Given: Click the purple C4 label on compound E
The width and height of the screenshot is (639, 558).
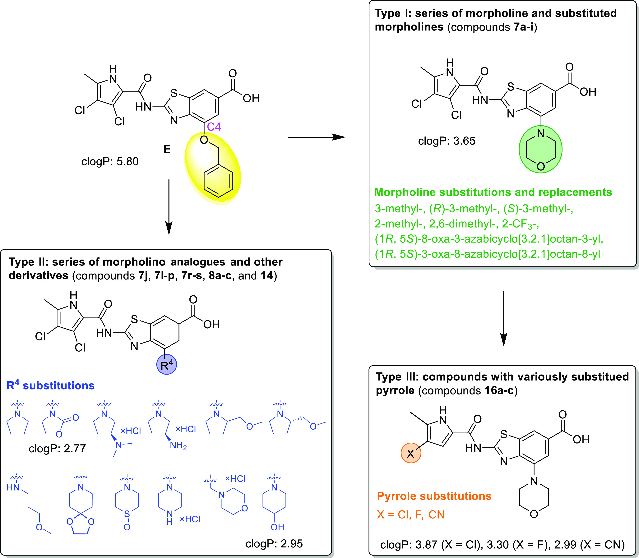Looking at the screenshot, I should [214, 127].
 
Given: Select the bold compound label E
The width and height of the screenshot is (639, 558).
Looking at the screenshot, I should [167, 150].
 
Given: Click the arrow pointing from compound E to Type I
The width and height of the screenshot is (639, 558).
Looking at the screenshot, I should [316, 137].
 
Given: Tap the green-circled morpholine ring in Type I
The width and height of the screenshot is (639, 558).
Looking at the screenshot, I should [541, 150].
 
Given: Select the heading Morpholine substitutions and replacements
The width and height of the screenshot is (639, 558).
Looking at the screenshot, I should [493, 192].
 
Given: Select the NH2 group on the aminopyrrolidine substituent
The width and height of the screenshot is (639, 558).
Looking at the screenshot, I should [178, 446].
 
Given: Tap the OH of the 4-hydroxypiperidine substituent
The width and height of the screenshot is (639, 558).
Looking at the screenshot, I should [277, 527].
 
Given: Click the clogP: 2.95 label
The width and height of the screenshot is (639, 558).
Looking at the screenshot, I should [274, 544].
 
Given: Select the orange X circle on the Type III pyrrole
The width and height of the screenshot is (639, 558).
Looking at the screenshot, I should [411, 453].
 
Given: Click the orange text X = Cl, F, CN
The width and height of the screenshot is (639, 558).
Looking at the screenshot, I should [411, 515].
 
